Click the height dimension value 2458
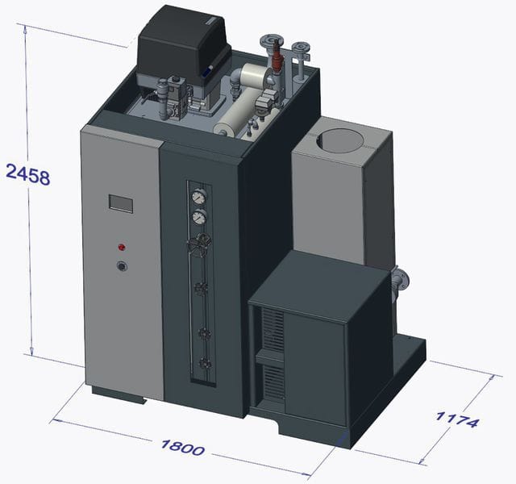pyautogui.click(x=28, y=174)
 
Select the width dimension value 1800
pyautogui.click(x=183, y=448)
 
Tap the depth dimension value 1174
pyautogui.click(x=457, y=419)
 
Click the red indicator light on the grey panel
pyautogui.click(x=122, y=247)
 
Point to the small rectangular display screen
pyautogui.click(x=121, y=203)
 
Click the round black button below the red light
pyautogui.click(x=123, y=266)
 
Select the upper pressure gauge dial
pyautogui.click(x=199, y=197)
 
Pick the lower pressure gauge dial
pyautogui.click(x=199, y=217)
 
